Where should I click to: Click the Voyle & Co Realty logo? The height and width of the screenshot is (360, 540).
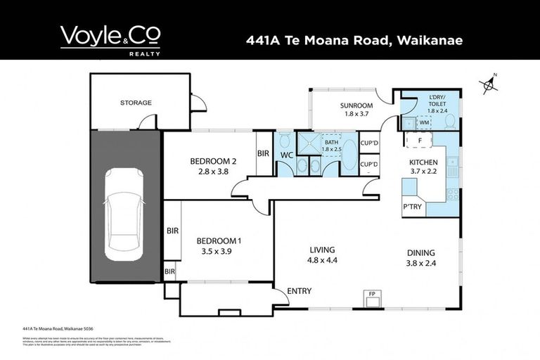(110, 39)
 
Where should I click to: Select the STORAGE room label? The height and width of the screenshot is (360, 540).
(136, 103)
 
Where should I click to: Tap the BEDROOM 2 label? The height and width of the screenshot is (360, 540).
(213, 162)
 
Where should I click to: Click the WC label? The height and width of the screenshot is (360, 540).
(286, 154)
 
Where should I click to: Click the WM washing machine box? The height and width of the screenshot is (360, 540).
(424, 122)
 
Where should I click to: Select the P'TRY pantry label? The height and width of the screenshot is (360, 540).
(412, 207)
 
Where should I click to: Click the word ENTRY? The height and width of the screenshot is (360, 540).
(300, 291)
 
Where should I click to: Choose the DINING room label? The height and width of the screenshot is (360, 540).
(421, 253)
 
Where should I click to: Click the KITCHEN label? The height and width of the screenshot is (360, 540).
(424, 162)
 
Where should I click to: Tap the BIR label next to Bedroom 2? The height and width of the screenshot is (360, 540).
(263, 153)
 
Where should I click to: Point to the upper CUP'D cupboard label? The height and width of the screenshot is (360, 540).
(369, 143)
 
